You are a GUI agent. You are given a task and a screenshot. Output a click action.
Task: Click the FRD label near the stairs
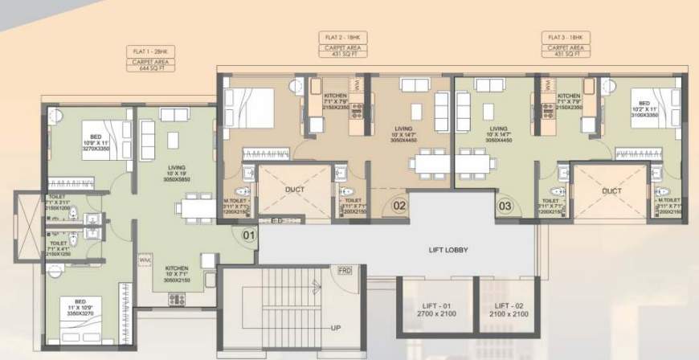(345, 270)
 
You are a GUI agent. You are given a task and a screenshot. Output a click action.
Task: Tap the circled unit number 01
(248, 235)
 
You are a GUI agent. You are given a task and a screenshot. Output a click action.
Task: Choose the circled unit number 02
(399, 206)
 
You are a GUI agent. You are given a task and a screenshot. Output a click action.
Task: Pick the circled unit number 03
(505, 206)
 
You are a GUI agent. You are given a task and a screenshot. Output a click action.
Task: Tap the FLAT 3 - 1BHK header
(569, 38)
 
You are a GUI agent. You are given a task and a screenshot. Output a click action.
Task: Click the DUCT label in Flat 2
(294, 191)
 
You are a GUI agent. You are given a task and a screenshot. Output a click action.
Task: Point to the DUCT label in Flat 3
(612, 191)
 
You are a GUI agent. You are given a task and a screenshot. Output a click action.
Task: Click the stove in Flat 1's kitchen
(177, 299)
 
